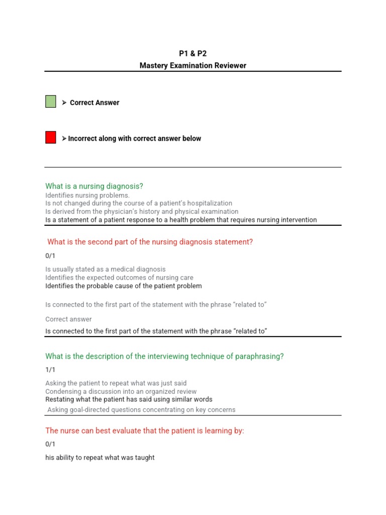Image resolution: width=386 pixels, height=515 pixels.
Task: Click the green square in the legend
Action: [x=51, y=102]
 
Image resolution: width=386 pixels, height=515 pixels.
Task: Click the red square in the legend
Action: [x=51, y=137]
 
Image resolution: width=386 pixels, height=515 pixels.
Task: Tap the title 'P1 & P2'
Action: [x=193, y=54]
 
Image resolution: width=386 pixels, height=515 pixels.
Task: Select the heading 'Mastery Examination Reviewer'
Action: [x=193, y=65]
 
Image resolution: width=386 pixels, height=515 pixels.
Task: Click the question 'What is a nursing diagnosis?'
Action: [x=94, y=186]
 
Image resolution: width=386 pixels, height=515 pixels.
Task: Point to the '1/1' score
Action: [x=50, y=370]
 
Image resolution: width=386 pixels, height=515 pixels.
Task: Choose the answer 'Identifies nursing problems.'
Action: [x=87, y=195]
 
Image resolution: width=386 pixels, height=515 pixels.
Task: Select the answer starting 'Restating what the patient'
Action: [x=129, y=399]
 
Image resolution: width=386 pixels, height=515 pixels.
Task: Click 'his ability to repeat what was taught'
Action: [x=100, y=458]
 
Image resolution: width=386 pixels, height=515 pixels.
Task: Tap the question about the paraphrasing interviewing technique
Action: [x=164, y=356]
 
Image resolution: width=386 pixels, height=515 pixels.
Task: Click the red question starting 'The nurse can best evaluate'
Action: [x=144, y=431]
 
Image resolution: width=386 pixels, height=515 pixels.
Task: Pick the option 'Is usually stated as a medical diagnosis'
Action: [x=105, y=269]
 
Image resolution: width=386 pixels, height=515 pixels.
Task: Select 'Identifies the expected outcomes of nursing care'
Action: [x=119, y=277]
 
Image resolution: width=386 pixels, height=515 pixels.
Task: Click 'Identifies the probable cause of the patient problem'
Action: [x=123, y=286]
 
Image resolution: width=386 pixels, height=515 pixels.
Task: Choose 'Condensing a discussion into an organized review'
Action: [x=121, y=391]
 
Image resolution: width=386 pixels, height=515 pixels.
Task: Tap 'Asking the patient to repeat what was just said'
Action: [x=116, y=383]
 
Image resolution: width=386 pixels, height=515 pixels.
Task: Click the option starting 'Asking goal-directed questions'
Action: [x=141, y=409]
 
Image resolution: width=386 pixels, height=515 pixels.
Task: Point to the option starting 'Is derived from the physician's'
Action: [x=142, y=211]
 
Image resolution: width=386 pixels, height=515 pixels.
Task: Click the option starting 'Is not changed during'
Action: [x=139, y=203]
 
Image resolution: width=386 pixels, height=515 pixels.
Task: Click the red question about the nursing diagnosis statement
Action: [x=150, y=242]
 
